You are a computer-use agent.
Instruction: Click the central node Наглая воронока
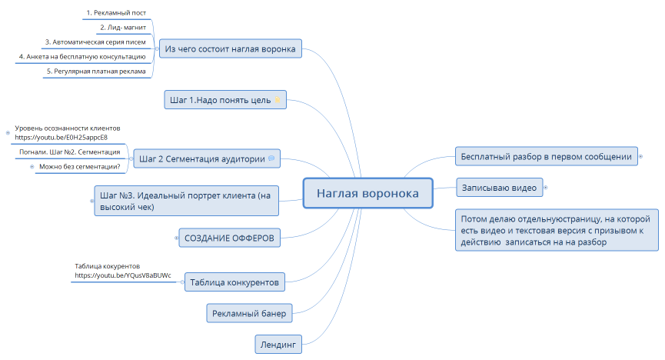[368, 194]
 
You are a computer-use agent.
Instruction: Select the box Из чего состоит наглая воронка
[230, 50]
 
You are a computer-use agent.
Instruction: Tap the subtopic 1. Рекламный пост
[115, 13]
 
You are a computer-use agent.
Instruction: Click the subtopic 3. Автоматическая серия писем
[95, 42]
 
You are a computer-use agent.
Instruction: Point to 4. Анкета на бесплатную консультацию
[82, 56]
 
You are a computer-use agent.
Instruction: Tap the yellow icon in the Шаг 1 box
[278, 100]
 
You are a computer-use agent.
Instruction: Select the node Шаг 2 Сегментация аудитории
[202, 159]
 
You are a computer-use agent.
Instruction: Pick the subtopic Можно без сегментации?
[80, 167]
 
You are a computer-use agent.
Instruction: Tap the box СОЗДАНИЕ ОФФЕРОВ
[229, 237]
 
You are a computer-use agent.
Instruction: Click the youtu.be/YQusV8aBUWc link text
[122, 275]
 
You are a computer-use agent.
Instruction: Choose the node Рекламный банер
[250, 313]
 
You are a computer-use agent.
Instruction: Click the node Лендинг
[278, 344]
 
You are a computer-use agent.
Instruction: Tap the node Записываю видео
[500, 187]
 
